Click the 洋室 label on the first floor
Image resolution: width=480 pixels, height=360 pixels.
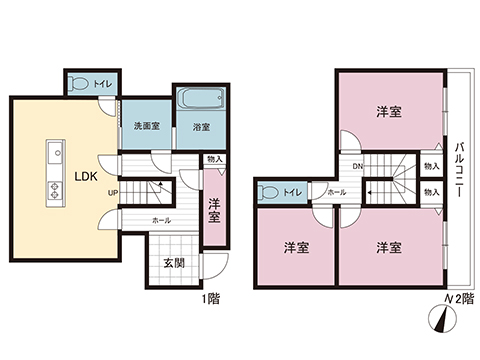pyautogui.click(x=214, y=211)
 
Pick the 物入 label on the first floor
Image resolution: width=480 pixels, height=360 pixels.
pyautogui.click(x=214, y=158)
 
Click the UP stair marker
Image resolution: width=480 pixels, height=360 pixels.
pyautogui.click(x=114, y=192)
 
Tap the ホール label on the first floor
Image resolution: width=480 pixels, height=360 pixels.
pyautogui.click(x=161, y=219)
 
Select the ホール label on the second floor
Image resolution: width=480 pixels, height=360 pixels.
pyautogui.click(x=337, y=191)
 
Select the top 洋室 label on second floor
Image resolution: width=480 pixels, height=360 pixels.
pyautogui.click(x=390, y=112)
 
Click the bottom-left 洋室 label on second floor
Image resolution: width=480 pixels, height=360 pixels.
pyautogui.click(x=294, y=245)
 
